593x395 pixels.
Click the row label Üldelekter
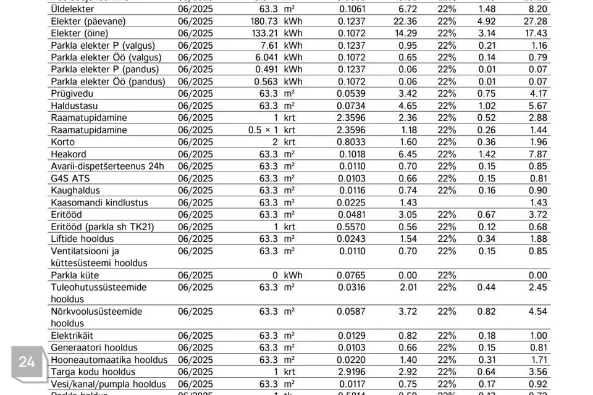[x=73, y=9]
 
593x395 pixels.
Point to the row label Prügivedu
[x=72, y=94]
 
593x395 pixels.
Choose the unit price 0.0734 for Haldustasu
[x=351, y=106]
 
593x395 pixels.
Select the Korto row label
[x=63, y=142]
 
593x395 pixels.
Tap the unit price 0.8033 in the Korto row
[x=351, y=142]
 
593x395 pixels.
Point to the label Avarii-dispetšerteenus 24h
[x=107, y=166]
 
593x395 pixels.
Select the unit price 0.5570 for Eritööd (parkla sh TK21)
[x=351, y=227]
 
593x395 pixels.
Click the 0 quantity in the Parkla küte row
[x=275, y=275]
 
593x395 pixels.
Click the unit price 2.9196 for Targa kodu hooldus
[x=351, y=372]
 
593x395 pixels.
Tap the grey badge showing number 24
[x=27, y=362]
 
